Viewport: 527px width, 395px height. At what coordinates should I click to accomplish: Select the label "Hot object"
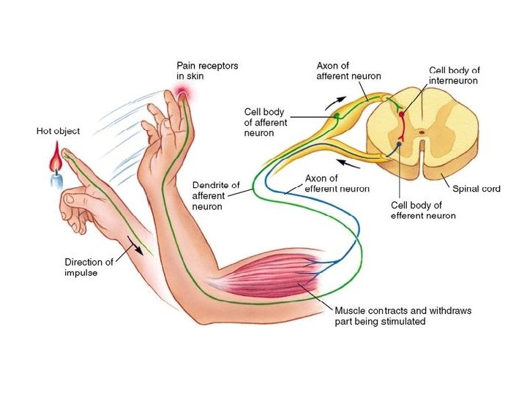click(x=58, y=132)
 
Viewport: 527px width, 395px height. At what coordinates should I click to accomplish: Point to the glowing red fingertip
click(x=181, y=93)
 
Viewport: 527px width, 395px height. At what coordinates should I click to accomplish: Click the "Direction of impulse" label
click(x=89, y=268)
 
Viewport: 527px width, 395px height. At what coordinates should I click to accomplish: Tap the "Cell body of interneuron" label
click(x=453, y=75)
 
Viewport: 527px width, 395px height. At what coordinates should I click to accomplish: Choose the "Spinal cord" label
click(x=476, y=189)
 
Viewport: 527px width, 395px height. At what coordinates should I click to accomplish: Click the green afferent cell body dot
click(x=337, y=115)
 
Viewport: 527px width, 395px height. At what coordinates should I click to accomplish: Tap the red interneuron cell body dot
click(x=401, y=115)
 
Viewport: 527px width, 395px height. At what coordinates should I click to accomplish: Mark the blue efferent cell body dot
click(x=399, y=145)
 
